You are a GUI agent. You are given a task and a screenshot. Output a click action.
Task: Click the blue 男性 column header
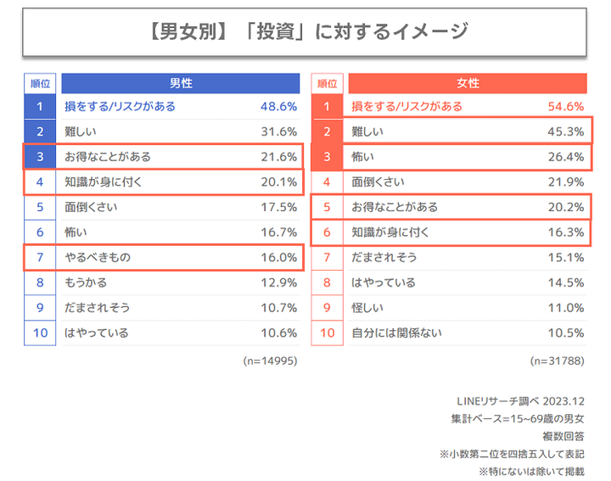pyautogui.click(x=181, y=83)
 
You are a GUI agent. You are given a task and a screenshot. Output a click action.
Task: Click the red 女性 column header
pyautogui.click(x=468, y=83)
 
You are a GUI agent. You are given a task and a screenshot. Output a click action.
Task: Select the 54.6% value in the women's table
pyautogui.click(x=566, y=107)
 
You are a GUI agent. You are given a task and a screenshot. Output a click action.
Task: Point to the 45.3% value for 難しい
pyautogui.click(x=566, y=131)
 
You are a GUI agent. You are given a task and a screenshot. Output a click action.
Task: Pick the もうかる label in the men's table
pyautogui.click(x=86, y=282)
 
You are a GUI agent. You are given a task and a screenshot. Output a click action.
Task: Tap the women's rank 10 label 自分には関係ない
pyautogui.click(x=396, y=333)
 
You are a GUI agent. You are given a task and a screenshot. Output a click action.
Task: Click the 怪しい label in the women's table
pyautogui.click(x=368, y=308)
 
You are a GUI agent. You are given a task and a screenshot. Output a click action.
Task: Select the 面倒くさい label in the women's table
pyautogui.click(x=378, y=182)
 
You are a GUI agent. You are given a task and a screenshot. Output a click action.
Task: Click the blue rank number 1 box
pyautogui.click(x=40, y=107)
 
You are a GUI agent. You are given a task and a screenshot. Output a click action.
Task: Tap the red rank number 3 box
pyautogui.click(x=327, y=157)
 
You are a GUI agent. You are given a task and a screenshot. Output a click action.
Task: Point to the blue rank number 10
pyautogui.click(x=40, y=333)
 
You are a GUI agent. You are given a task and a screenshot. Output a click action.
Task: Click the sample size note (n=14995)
pyautogui.click(x=270, y=361)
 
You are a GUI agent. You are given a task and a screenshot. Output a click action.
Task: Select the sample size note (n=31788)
pyautogui.click(x=558, y=361)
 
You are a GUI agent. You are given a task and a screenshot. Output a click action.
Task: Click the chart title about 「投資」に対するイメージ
pyautogui.click(x=305, y=32)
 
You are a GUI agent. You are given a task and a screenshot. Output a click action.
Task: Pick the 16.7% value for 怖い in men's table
pyautogui.click(x=278, y=232)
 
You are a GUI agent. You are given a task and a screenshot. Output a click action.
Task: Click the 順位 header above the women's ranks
pyautogui.click(x=327, y=83)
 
